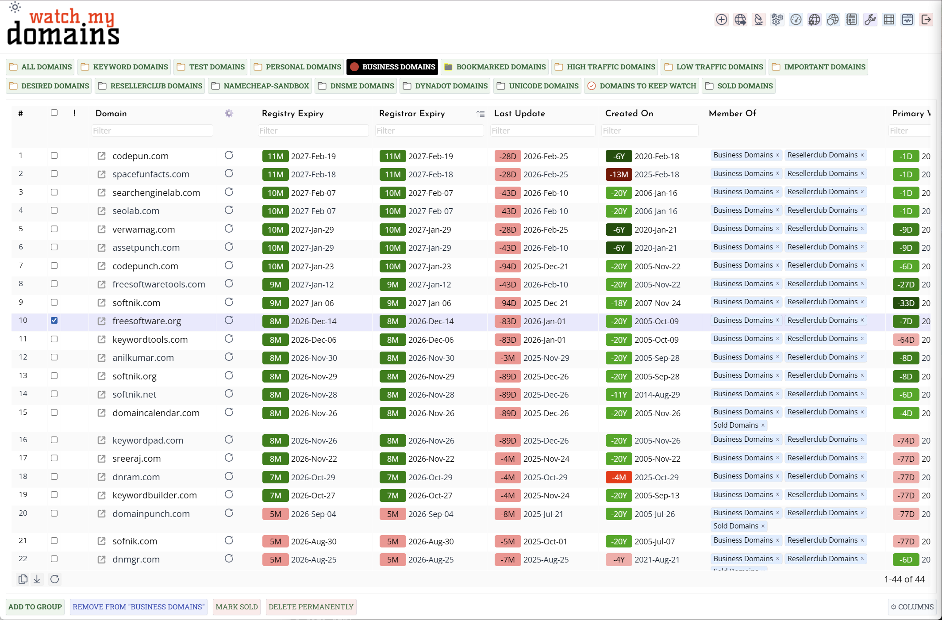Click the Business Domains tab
pos(392,67)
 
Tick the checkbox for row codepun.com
pos(54,156)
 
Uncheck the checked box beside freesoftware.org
pos(54,321)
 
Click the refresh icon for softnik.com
pos(229,302)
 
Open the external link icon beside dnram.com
pos(101,477)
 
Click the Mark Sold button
pos(236,607)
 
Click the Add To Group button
pos(35,607)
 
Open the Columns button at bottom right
pos(912,607)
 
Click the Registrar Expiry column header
pos(411,114)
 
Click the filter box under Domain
pos(152,130)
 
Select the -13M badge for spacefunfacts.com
pos(618,174)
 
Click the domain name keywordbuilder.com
pos(154,495)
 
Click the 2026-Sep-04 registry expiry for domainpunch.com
pos(313,514)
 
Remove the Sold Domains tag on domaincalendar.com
pos(763,425)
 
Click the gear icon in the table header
pos(229,114)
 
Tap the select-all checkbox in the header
pos(54,113)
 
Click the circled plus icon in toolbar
pos(721,19)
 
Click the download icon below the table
pos(37,579)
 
